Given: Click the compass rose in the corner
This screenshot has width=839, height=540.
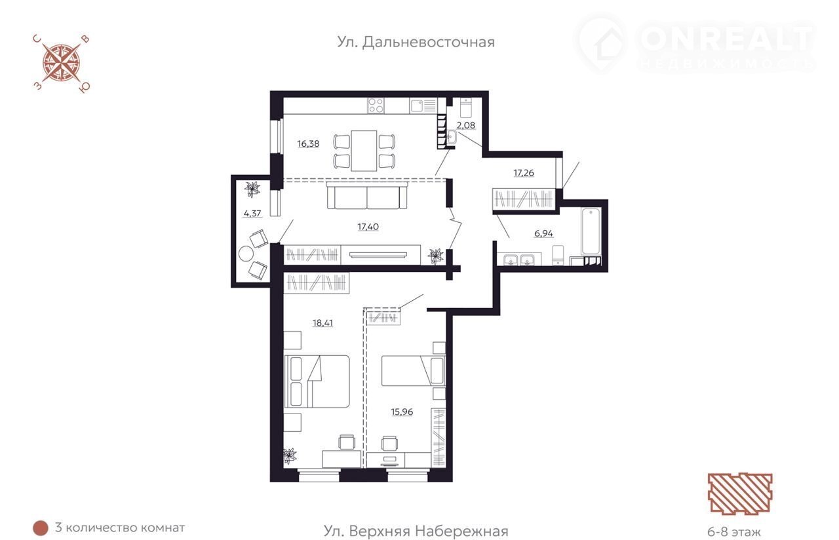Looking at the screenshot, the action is pos(62,64).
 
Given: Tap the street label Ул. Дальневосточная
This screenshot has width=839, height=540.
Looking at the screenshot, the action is pos(416,43).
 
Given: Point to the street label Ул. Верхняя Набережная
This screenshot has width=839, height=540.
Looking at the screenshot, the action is pos(416,531).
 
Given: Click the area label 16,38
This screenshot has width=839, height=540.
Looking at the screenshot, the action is pos(308,144).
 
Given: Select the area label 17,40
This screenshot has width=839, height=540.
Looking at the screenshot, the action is pos(368,227).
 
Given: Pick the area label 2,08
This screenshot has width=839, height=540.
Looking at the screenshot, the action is pos(466,125).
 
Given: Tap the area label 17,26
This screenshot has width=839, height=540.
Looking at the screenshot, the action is pos(524,173).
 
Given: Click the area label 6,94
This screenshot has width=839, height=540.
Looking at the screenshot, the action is pos(543,234).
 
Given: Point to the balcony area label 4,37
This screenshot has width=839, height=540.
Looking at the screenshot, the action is pos(252,214).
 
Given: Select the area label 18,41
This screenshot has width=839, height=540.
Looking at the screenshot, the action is pos(323,323).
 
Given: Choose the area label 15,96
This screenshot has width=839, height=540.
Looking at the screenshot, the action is pos(402,412).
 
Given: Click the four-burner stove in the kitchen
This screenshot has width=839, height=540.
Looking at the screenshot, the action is pos(376,106).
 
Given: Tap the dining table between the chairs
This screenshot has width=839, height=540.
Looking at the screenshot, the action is pos(364,151).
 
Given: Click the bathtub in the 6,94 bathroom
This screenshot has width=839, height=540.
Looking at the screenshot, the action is pos(591,231).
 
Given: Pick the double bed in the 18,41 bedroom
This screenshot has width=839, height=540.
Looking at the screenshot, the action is pos(317,381).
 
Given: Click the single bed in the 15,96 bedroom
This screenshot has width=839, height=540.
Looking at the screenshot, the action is pos(413,371).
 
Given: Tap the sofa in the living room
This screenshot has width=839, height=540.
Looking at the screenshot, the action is pos(366,195).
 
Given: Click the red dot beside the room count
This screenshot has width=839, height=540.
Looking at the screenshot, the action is pos(41,528).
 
